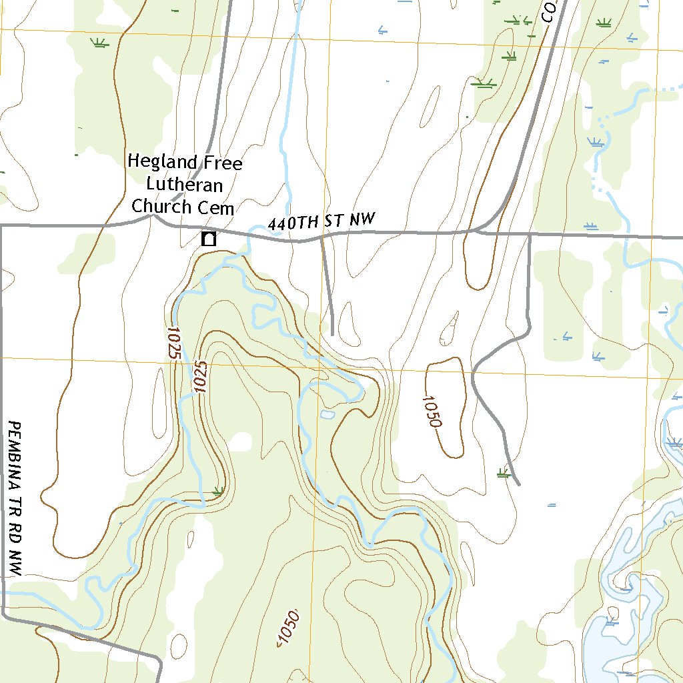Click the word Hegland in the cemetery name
pyautogui.click(x=162, y=162)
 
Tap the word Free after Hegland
pyautogui.click(x=222, y=163)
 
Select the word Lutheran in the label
pyautogui.click(x=184, y=185)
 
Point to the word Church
pyautogui.click(x=161, y=207)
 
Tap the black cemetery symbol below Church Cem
pyautogui.click(x=209, y=239)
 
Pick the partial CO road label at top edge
pyautogui.click(x=549, y=12)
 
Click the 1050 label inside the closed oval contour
pyautogui.click(x=432, y=411)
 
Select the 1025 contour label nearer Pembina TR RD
pyautogui.click(x=174, y=343)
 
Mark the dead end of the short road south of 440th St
pyautogui.click(x=331, y=333)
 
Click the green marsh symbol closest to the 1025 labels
pyautogui.click(x=217, y=491)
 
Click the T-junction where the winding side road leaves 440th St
pyautogui.click(x=530, y=235)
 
